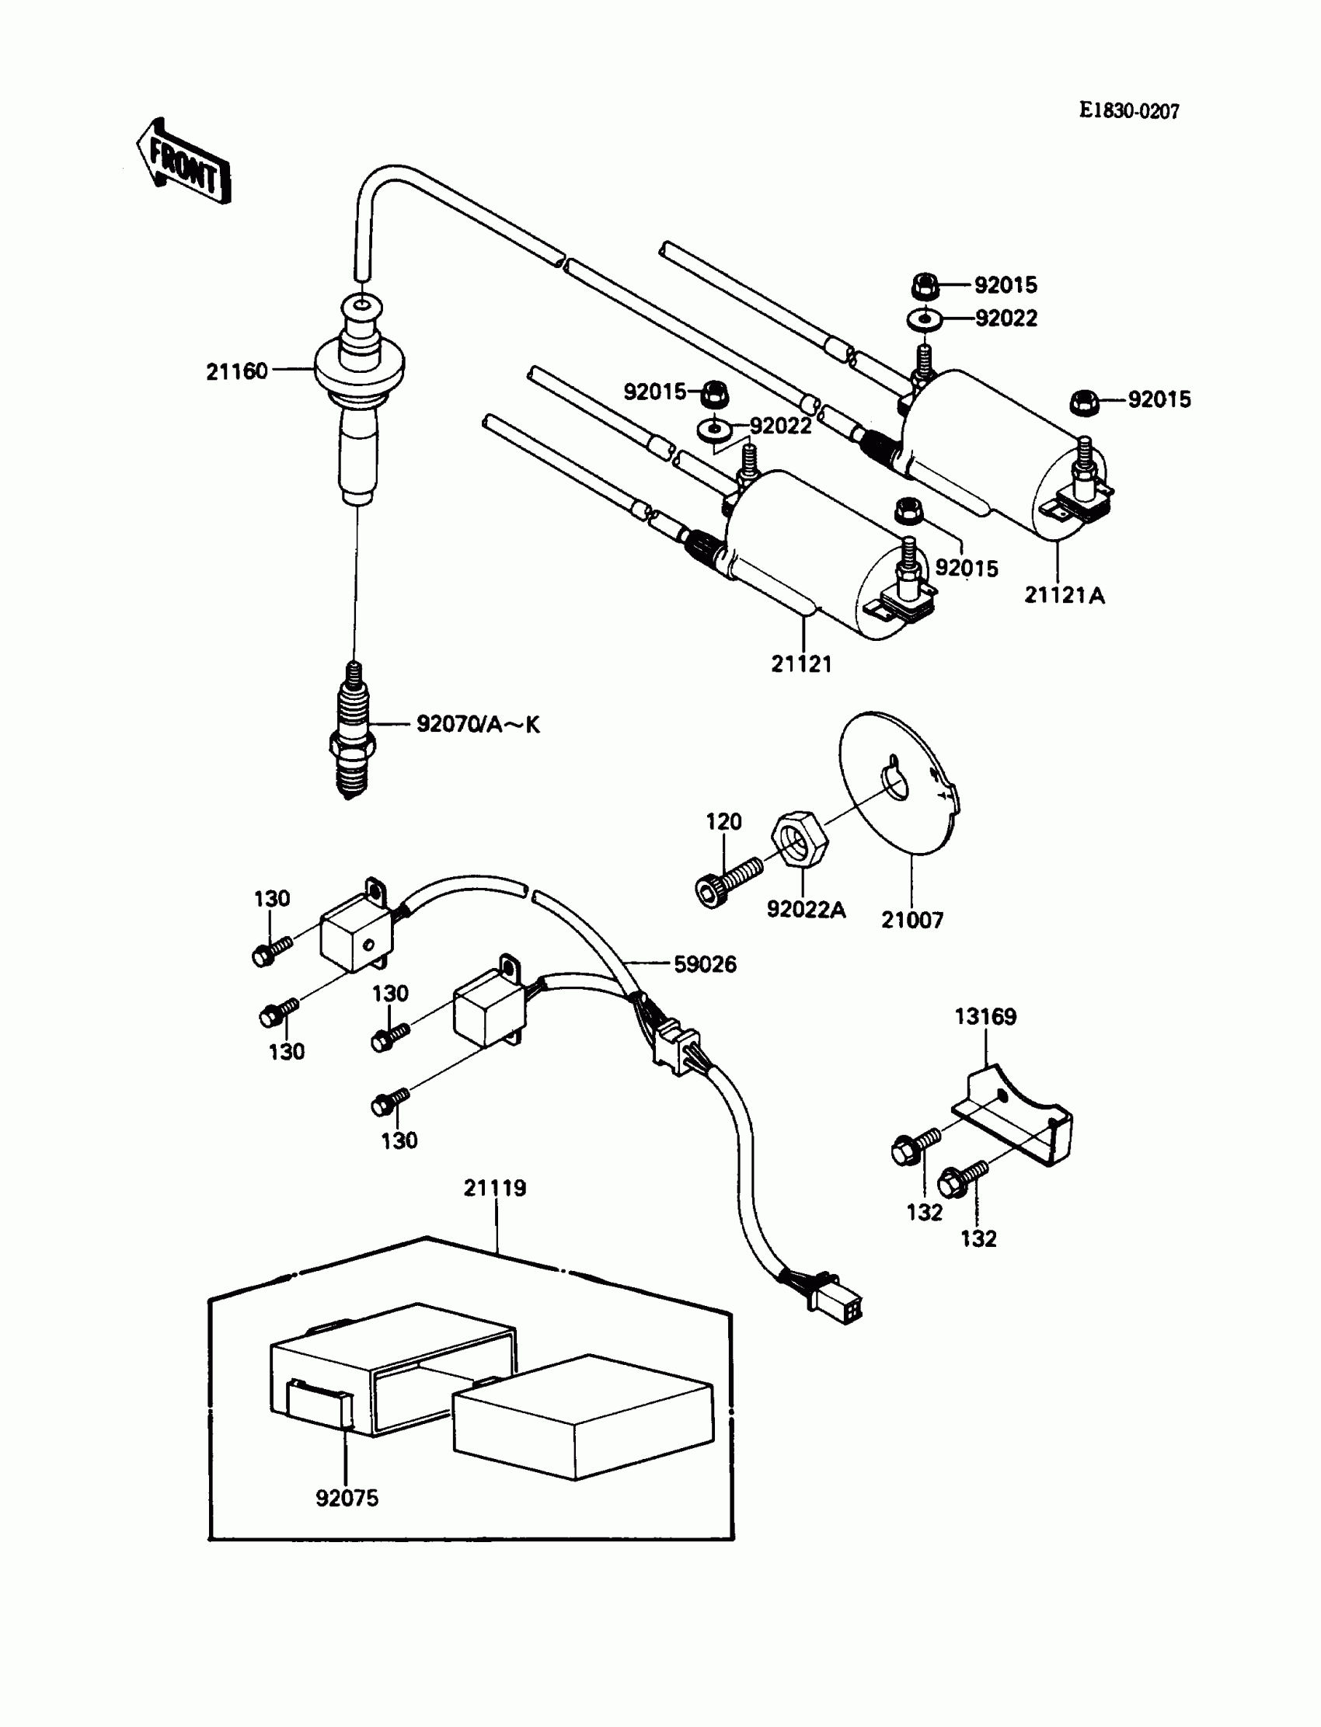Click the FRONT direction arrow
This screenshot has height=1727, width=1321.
point(183,162)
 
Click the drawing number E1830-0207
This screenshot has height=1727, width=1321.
point(1128,111)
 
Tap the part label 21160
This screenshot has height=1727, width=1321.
point(237,371)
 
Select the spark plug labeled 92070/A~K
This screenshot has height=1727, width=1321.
point(351,731)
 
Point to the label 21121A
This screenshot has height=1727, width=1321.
point(1064,595)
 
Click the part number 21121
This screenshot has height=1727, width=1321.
point(801,664)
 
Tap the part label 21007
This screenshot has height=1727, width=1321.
point(912,920)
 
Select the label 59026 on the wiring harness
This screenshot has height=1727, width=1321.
point(706,965)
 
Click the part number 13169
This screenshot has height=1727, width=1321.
point(985,1016)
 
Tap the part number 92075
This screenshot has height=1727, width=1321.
point(347,1499)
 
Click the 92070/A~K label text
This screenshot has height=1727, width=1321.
point(478,724)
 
